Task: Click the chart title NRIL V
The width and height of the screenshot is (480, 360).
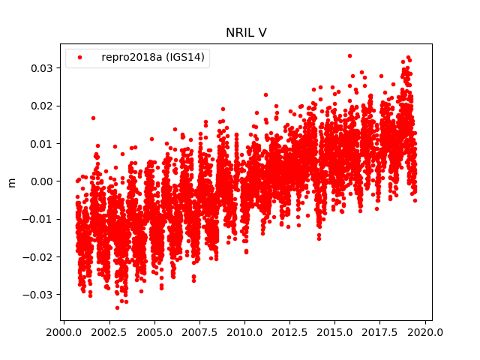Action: point(246,33)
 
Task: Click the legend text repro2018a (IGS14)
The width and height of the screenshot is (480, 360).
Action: point(154,58)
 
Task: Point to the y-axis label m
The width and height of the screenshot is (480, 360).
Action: point(11,181)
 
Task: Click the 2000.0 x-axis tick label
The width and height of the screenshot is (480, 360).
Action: point(64,331)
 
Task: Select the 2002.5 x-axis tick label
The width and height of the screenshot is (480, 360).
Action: point(109,331)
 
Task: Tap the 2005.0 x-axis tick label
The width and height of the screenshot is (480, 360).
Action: point(155,331)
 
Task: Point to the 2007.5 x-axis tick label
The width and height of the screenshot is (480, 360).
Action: point(200,331)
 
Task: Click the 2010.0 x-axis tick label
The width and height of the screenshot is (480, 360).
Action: point(245,331)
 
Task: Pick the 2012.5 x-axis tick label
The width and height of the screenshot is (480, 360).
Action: point(291,331)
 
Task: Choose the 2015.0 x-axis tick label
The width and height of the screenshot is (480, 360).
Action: point(336,331)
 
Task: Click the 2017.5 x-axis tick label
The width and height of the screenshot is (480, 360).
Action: point(381,331)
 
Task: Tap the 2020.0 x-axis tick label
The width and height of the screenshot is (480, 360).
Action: point(426,331)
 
